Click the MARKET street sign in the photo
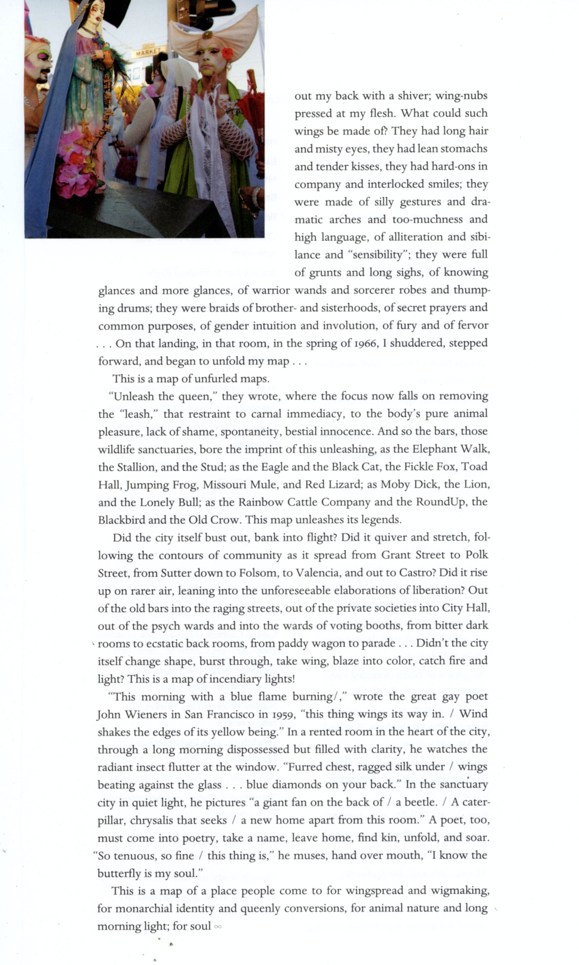tap(148, 51)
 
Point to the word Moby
tap(395, 484)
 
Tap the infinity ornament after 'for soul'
tap(218, 927)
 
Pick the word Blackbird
tap(121, 520)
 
